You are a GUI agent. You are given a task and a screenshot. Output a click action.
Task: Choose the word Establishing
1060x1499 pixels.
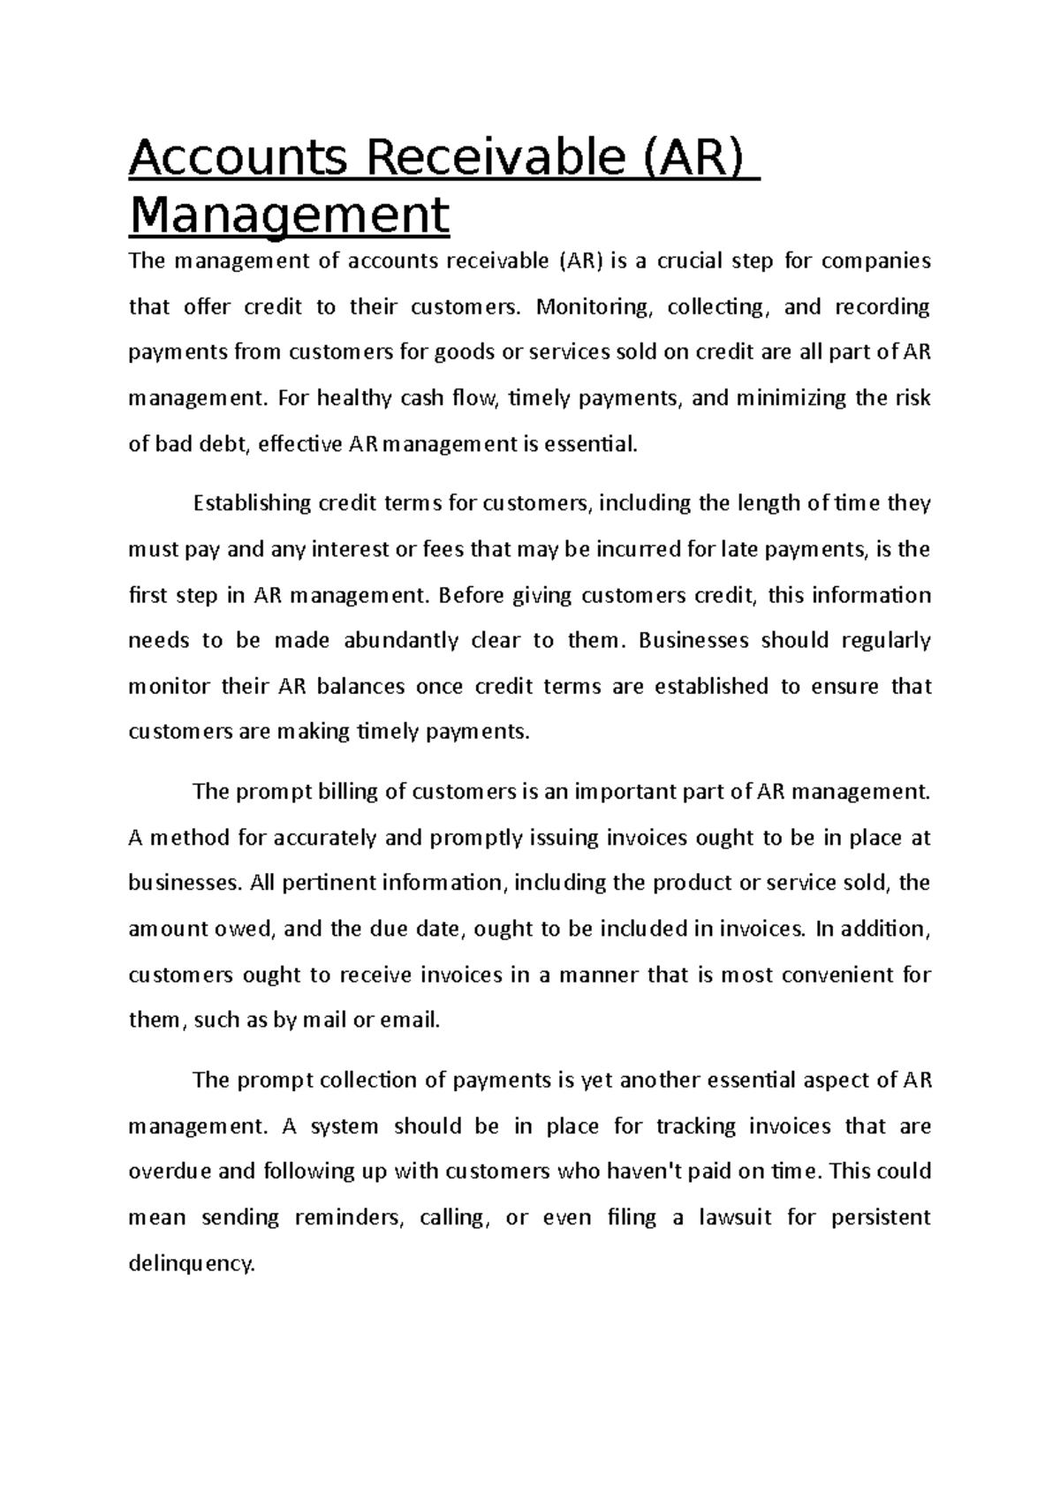[x=252, y=504]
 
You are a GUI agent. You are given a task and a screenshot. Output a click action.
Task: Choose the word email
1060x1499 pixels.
[x=409, y=1021]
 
